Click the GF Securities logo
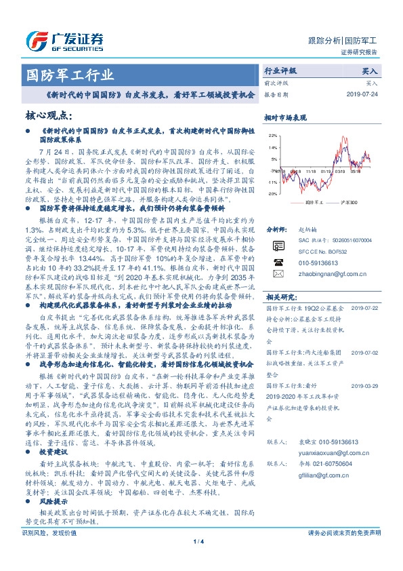click(64, 39)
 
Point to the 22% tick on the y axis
click(272, 136)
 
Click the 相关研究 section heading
click(281, 297)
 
